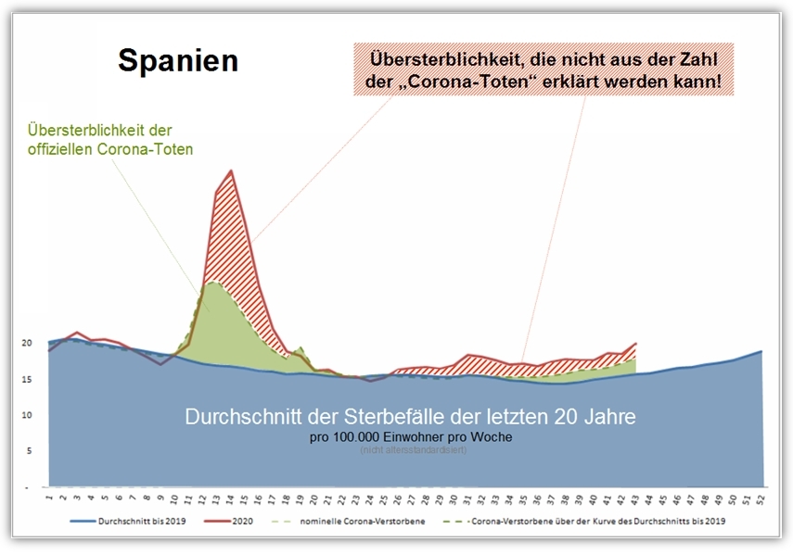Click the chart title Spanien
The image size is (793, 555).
(178, 61)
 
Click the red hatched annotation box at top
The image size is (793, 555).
(544, 69)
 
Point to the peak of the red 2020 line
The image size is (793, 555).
(231, 170)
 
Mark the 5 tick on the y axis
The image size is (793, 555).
(29, 450)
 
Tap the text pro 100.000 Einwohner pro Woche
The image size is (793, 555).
(412, 435)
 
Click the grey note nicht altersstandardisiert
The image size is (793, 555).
(412, 450)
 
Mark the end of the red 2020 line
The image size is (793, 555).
(635, 344)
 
